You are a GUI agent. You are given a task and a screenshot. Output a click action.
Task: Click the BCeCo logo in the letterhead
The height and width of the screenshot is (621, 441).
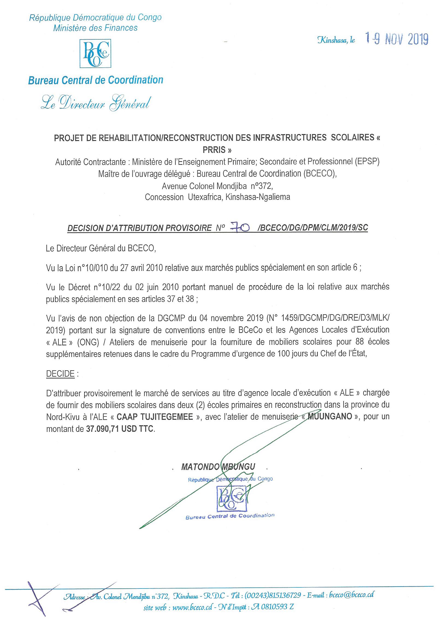[x=95, y=54]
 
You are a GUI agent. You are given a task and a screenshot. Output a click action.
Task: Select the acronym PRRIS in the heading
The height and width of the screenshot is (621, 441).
[x=217, y=150]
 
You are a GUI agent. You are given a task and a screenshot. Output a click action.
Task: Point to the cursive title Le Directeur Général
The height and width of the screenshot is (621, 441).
[x=95, y=104]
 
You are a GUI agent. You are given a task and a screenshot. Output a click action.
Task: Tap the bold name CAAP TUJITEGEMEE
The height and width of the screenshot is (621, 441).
[x=155, y=417]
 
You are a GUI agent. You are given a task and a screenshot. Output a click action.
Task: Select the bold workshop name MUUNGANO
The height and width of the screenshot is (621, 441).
[x=330, y=417]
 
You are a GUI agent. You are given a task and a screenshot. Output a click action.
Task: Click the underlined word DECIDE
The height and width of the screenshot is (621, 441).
[x=60, y=374]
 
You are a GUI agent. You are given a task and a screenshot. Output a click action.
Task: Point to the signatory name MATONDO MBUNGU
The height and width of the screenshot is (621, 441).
[x=218, y=467]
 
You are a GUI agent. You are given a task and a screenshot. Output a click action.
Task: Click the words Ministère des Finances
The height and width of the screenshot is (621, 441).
[x=95, y=28]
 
